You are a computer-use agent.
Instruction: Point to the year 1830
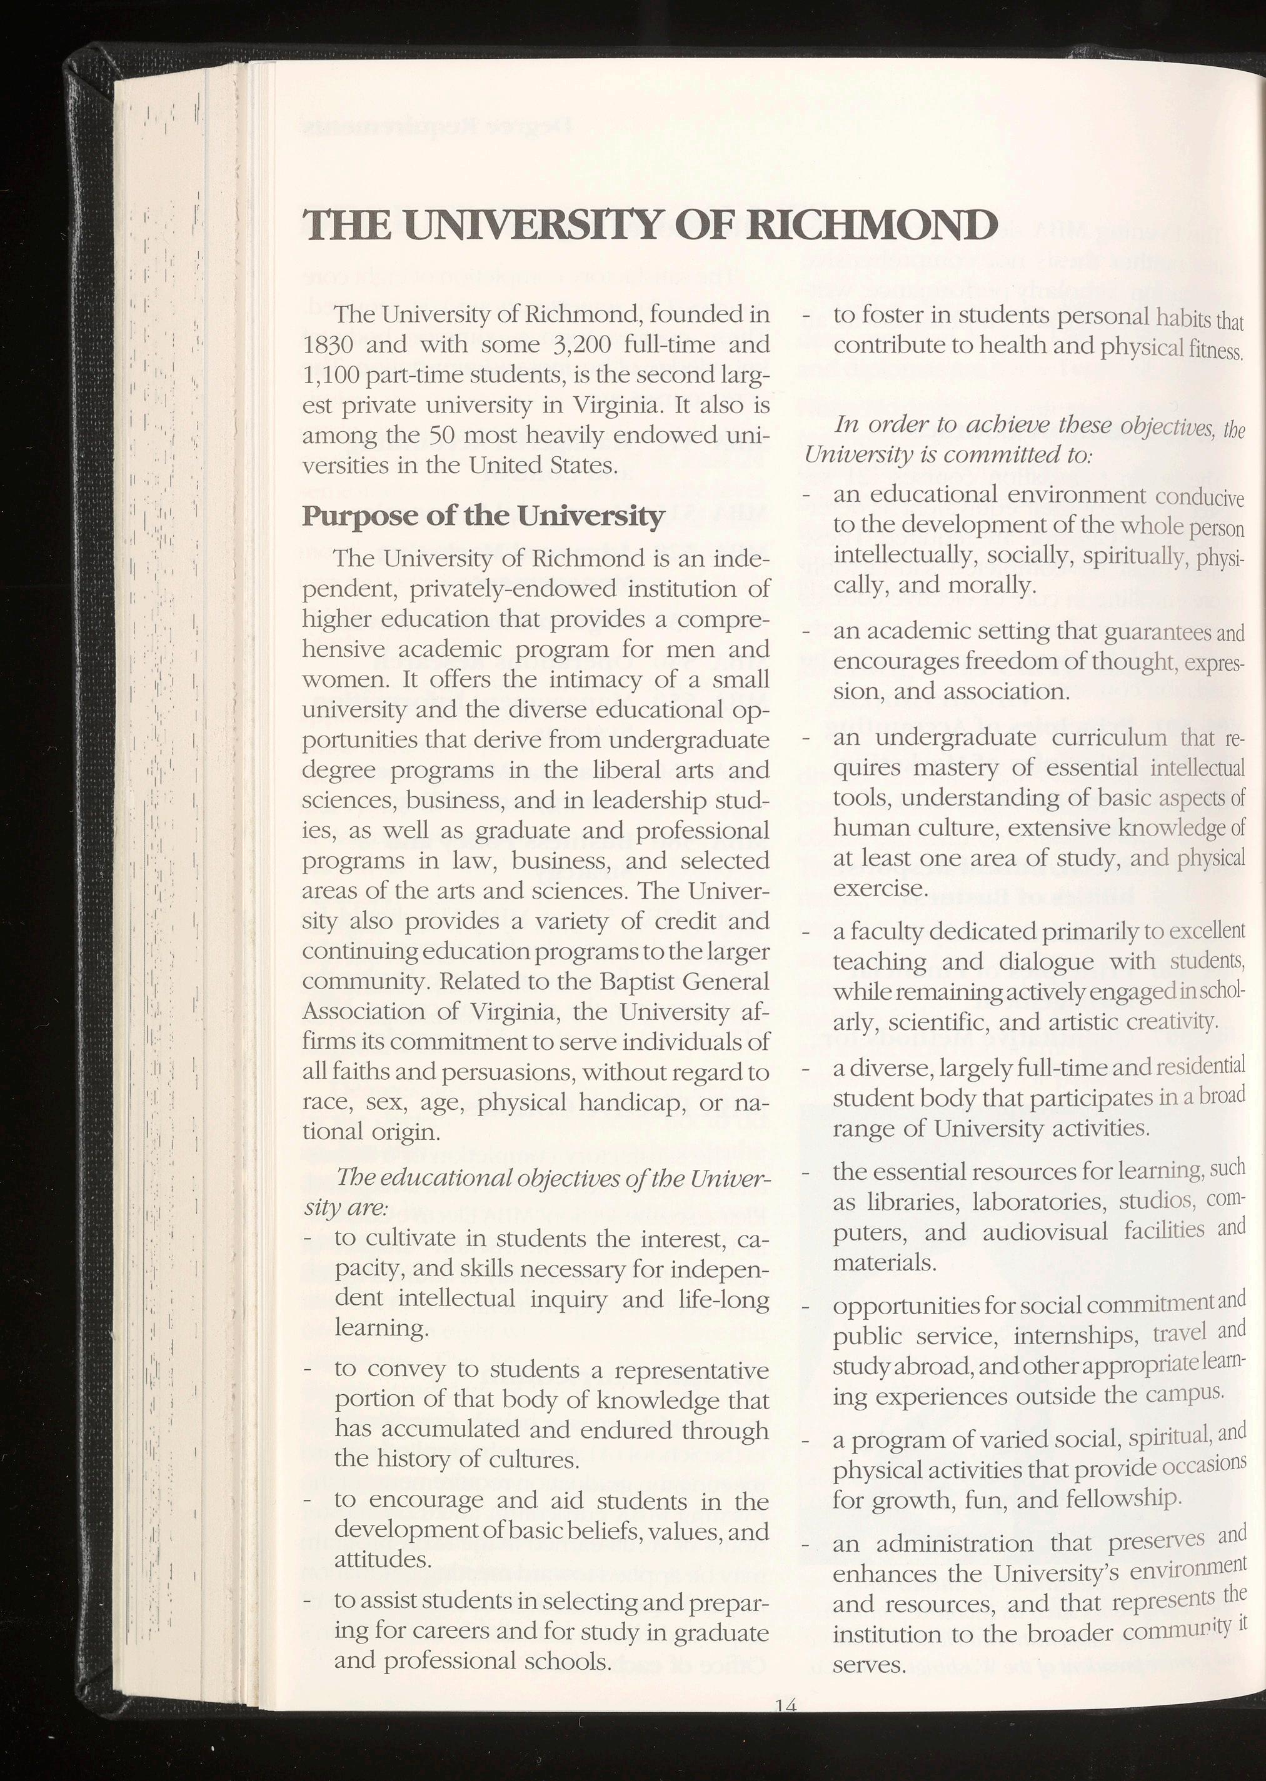(328, 345)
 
